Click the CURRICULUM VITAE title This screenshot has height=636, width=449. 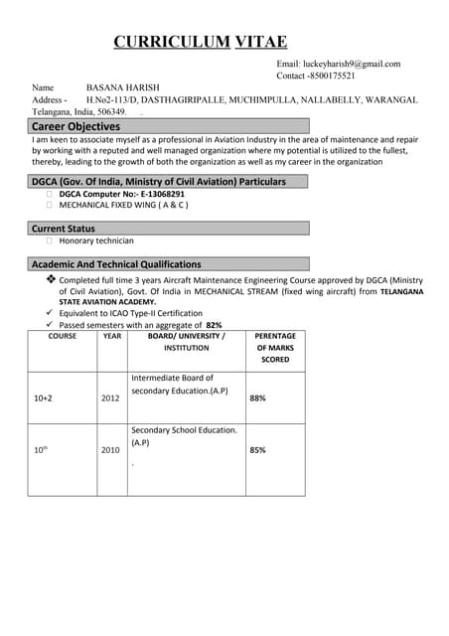(x=200, y=41)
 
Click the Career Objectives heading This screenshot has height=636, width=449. (x=75, y=127)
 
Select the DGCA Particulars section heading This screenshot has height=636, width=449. (x=159, y=182)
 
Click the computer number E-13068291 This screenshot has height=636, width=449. (x=157, y=194)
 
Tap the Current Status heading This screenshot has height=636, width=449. (x=64, y=229)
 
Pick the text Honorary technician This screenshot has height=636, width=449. (x=96, y=240)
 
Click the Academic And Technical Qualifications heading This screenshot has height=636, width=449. (x=116, y=264)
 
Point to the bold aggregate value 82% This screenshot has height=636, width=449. (x=214, y=325)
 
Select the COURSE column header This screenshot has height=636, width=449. (x=63, y=336)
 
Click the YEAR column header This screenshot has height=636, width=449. (x=111, y=336)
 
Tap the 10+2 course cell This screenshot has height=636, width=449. (x=44, y=397)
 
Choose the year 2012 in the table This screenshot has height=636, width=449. (x=110, y=397)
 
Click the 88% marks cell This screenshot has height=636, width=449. (x=257, y=397)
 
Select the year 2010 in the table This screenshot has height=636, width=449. (x=110, y=450)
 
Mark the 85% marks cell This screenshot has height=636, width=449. (x=257, y=450)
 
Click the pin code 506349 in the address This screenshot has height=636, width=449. (x=106, y=112)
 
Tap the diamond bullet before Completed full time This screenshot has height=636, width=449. (x=51, y=280)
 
